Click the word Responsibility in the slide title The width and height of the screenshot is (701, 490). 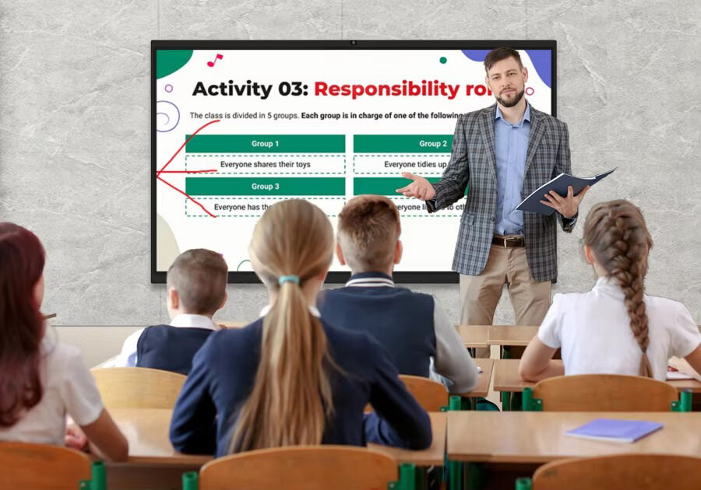pyautogui.click(x=387, y=89)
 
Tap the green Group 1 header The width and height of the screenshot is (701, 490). pyautogui.click(x=265, y=144)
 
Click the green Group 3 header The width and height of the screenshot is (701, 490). pyautogui.click(x=265, y=187)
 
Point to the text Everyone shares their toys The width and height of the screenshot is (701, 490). pyautogui.click(x=265, y=165)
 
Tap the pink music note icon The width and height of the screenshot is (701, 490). pyautogui.click(x=214, y=60)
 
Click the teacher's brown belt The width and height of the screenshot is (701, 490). pyautogui.click(x=507, y=241)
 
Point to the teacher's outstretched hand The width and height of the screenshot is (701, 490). pyautogui.click(x=416, y=187)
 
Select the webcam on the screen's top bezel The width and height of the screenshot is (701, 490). pyautogui.click(x=353, y=43)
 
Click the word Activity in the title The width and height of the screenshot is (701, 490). pyautogui.click(x=231, y=89)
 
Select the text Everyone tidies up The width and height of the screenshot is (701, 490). pyautogui.click(x=415, y=165)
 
